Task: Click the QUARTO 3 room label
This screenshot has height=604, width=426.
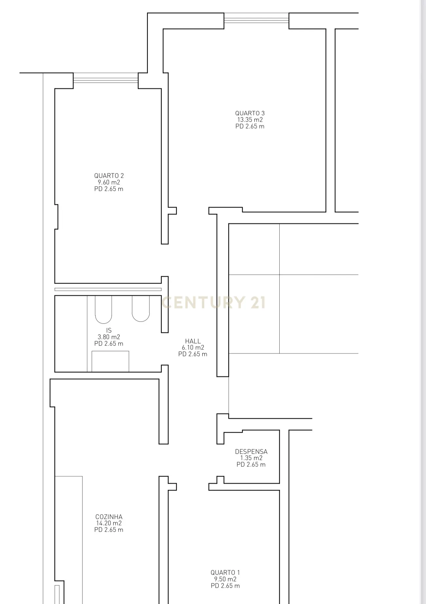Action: click(x=250, y=113)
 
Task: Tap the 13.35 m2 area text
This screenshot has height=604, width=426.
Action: click(x=250, y=120)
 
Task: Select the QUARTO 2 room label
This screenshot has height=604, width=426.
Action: click(x=109, y=176)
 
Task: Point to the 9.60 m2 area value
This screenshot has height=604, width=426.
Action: click(x=109, y=183)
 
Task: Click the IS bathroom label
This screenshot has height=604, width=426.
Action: click(x=109, y=330)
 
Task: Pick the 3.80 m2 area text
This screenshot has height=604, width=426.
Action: click(x=109, y=337)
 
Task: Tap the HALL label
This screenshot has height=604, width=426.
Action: click(x=193, y=341)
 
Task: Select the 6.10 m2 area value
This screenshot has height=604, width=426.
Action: click(x=193, y=348)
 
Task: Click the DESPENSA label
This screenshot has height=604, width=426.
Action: click(x=251, y=452)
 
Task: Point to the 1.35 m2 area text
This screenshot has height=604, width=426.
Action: click(x=251, y=458)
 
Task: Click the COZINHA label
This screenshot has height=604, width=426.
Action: click(x=109, y=517)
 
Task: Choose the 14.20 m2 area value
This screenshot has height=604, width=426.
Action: click(x=109, y=523)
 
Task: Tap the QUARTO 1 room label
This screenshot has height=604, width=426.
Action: click(x=225, y=573)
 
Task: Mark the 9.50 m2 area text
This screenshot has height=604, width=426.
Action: click(x=225, y=579)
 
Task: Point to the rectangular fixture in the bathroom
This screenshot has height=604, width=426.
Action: click(x=110, y=361)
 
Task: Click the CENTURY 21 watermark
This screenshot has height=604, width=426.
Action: click(x=213, y=302)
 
